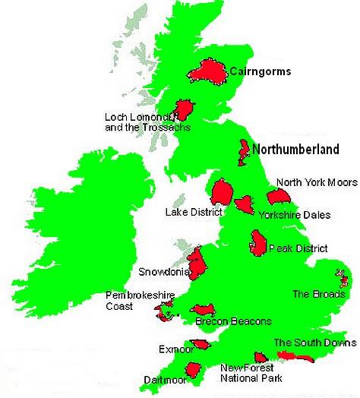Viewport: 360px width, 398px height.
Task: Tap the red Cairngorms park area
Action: tap(207, 71)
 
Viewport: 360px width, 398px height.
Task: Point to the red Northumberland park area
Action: tap(245, 152)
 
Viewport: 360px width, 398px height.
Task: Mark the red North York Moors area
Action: tap(279, 197)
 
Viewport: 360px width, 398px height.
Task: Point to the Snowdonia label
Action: tap(161, 271)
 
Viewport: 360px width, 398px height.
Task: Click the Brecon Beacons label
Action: tap(228, 322)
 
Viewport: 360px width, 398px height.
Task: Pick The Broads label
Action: tap(312, 294)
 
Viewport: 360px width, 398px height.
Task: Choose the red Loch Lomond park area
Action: tap(185, 109)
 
